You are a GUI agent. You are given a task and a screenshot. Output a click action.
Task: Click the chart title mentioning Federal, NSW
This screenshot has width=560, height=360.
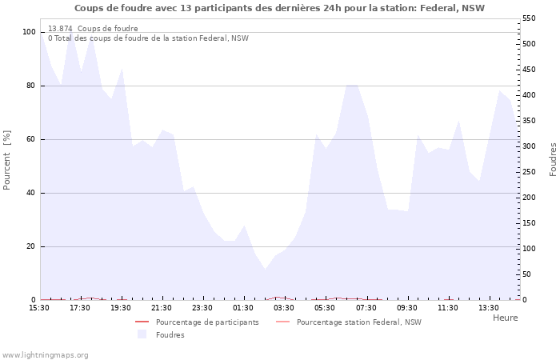[x=279, y=8]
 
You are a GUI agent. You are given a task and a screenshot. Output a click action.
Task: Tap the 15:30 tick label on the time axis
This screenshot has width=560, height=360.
[x=39, y=307]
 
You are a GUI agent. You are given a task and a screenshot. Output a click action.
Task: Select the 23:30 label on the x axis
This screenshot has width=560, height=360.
[x=202, y=307]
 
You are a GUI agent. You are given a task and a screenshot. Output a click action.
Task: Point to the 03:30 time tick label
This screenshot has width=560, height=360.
[x=284, y=307]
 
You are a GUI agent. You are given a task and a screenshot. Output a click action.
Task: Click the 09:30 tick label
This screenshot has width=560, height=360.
[x=407, y=307]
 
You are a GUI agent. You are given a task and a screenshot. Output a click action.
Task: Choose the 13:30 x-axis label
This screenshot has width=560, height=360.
[x=489, y=307]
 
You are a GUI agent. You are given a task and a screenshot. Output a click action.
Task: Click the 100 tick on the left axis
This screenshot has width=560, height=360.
[x=29, y=32]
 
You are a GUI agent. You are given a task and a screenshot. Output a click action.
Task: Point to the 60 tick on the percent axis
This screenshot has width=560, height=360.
[x=31, y=139]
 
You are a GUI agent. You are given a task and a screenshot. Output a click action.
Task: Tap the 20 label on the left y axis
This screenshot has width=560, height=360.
[x=31, y=246]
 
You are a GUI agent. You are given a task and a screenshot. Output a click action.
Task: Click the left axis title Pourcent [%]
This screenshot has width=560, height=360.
[x=7, y=159]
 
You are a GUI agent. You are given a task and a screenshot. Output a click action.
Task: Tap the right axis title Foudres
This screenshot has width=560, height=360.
[x=553, y=159]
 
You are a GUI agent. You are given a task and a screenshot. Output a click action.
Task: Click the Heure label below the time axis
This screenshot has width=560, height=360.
[x=505, y=318]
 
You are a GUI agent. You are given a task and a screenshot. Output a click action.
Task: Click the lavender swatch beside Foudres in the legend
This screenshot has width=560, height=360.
[x=142, y=334]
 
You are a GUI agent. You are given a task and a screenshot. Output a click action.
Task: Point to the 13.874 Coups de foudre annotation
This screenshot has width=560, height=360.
[x=93, y=29]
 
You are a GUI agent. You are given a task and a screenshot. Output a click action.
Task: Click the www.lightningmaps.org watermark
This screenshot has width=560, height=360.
[x=45, y=355]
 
